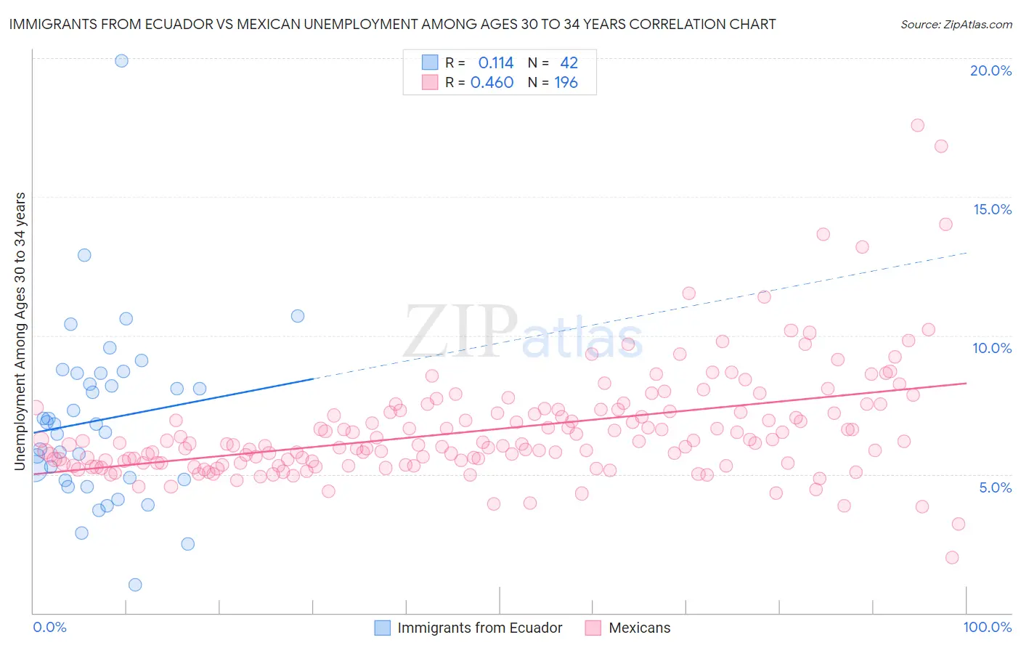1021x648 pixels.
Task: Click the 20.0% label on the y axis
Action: pyautogui.click(x=991, y=70)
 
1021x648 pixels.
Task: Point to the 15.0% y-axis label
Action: pyautogui.click(x=992, y=209)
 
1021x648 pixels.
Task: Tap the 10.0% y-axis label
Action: pyautogui.click(x=992, y=348)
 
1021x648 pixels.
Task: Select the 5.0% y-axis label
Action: pyautogui.click(x=995, y=487)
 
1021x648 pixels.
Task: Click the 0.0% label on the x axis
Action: pyautogui.click(x=49, y=627)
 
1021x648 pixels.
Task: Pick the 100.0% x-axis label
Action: pyautogui.click(x=987, y=627)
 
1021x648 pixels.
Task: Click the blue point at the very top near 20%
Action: pyautogui.click(x=121, y=61)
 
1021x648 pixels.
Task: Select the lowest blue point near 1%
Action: pyautogui.click(x=135, y=585)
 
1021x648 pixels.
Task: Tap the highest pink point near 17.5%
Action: pyautogui.click(x=917, y=125)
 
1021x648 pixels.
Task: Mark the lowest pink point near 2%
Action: pyautogui.click(x=952, y=557)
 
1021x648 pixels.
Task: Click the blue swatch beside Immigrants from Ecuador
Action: pyautogui.click(x=382, y=628)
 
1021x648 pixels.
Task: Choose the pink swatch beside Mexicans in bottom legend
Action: pyautogui.click(x=593, y=628)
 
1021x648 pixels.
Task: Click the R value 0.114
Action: pyautogui.click(x=496, y=63)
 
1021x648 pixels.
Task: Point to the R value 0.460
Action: pyautogui.click(x=492, y=83)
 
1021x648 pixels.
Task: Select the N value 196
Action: pyautogui.click(x=566, y=83)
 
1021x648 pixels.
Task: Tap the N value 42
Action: pyautogui.click(x=569, y=63)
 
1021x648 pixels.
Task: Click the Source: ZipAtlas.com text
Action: pyautogui.click(x=956, y=25)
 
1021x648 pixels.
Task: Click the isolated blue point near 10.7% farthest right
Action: pyautogui.click(x=298, y=316)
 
